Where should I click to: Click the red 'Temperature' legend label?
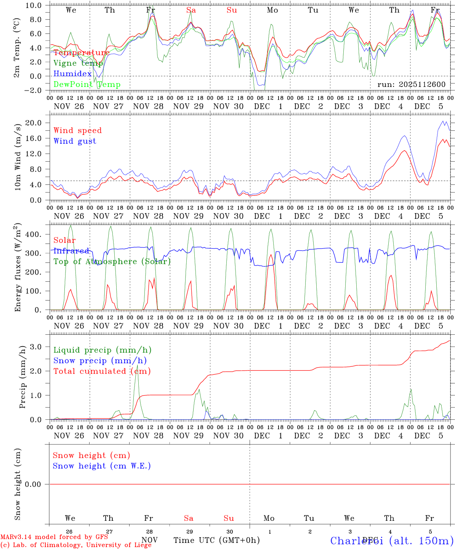(x=82, y=53)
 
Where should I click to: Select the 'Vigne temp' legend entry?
(x=78, y=63)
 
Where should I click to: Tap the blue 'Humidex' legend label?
(x=73, y=74)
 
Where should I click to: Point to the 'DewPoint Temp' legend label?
(x=87, y=85)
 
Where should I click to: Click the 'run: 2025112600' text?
(x=411, y=85)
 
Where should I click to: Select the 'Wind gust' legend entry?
(x=75, y=141)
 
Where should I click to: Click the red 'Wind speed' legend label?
(x=78, y=130)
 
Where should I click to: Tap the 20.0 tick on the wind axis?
(x=38, y=123)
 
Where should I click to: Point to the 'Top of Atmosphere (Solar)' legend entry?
(x=112, y=262)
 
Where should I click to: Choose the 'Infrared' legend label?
(x=71, y=251)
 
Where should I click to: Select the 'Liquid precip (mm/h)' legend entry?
(x=103, y=350)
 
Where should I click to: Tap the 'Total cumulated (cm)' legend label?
(x=102, y=371)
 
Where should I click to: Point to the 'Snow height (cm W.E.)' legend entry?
(x=102, y=466)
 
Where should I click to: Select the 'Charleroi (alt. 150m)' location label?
(x=392, y=541)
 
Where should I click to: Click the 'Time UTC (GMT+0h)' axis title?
(x=216, y=540)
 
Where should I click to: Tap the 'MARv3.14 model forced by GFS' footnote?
(x=54, y=537)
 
